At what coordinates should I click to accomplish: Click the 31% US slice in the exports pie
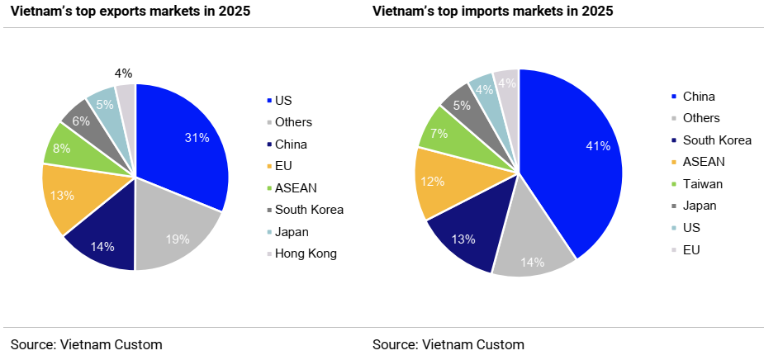click(186, 144)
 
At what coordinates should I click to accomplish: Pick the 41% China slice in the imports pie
click(570, 157)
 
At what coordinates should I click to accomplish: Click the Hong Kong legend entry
click(306, 253)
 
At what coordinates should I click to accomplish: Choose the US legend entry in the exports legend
click(283, 100)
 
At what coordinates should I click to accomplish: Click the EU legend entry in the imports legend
click(692, 247)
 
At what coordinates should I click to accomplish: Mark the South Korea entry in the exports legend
click(309, 209)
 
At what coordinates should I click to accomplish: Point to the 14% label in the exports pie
click(102, 246)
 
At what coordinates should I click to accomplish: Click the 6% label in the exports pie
click(82, 120)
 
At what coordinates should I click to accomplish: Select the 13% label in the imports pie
click(463, 239)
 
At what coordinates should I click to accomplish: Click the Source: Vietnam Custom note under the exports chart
click(87, 344)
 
